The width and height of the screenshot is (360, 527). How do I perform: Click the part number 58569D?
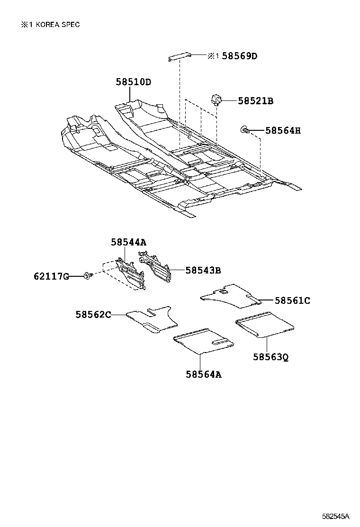click(239, 56)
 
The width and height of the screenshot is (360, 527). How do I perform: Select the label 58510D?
click(133, 82)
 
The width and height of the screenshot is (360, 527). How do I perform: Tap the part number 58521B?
click(255, 100)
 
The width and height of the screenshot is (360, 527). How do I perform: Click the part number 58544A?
click(128, 242)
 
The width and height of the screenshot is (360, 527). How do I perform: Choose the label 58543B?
click(203, 270)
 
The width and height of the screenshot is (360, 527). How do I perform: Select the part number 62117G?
click(51, 276)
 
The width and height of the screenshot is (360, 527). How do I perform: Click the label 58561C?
click(292, 300)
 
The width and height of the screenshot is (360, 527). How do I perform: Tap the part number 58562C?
click(93, 314)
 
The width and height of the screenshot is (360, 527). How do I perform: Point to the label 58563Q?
click(270, 356)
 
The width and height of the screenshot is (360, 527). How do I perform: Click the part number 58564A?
click(204, 374)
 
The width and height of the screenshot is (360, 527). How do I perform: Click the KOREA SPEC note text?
click(50, 25)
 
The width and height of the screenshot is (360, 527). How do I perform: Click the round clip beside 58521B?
click(216, 100)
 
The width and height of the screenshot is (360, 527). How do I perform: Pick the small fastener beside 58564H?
click(245, 129)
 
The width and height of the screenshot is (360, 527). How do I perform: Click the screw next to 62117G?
click(88, 275)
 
